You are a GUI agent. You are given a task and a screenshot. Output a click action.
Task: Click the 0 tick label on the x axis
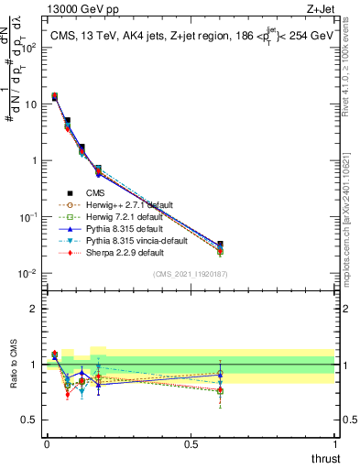(x=47, y=444)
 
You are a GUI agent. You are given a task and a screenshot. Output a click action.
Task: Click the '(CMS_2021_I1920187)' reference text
(x=190, y=274)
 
